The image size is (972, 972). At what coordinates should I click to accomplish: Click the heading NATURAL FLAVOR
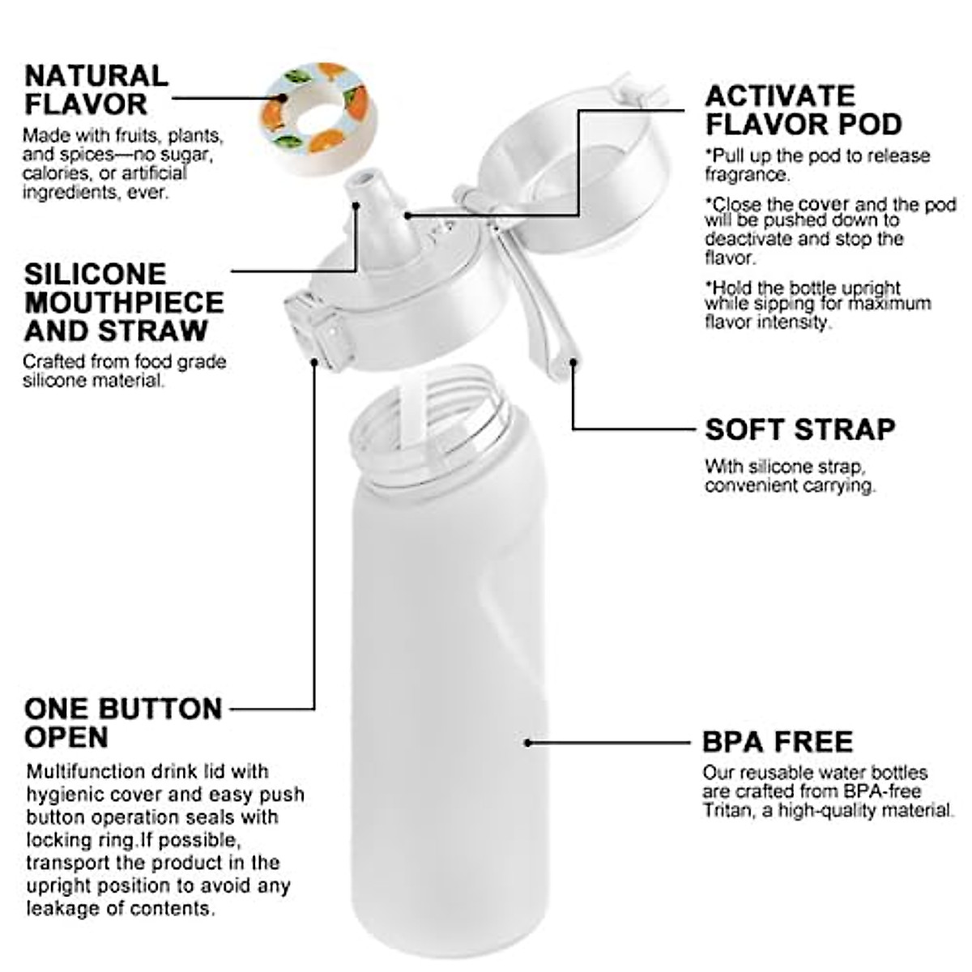click(x=96, y=90)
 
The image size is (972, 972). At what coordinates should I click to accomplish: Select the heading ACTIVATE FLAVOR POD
click(x=803, y=110)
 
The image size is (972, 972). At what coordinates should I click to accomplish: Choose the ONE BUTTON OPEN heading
click(x=122, y=723)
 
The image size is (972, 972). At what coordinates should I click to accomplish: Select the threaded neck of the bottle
click(x=433, y=429)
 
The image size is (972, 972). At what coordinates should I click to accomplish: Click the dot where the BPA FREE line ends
click(x=527, y=741)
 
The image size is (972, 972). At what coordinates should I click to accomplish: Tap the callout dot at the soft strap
click(x=573, y=362)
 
